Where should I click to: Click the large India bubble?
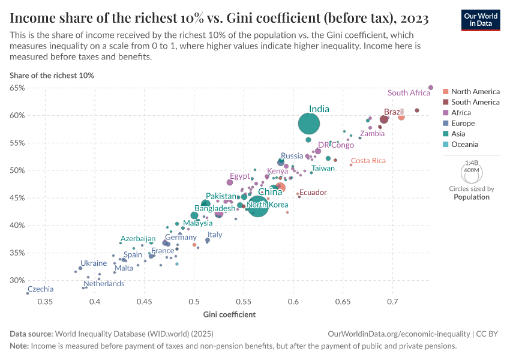tap(309, 124)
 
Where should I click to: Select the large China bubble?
tap(258, 206)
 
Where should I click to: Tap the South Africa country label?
tap(409, 93)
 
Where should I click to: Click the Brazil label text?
tap(394, 112)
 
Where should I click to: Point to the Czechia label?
tap(40, 289)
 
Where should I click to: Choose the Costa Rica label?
tap(368, 161)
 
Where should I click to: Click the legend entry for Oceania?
tap(464, 145)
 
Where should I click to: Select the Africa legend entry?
tap(461, 113)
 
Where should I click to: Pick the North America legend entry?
tap(475, 92)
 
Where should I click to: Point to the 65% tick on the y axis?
tap(17, 88)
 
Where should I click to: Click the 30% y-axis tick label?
tap(17, 280)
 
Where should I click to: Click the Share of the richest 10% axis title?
tap(52, 76)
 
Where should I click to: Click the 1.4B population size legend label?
tap(472, 163)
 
